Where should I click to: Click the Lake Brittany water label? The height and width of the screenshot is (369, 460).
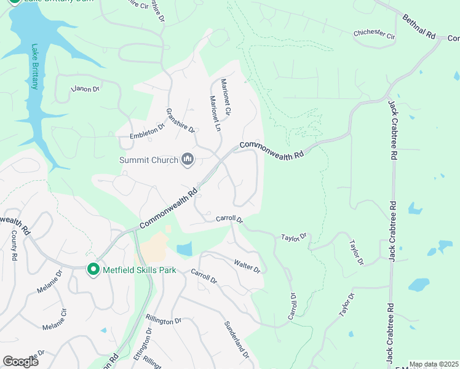(x=34, y=66)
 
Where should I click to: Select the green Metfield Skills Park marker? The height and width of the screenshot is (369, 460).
(x=93, y=269)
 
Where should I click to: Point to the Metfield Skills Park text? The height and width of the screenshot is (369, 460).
(x=140, y=270)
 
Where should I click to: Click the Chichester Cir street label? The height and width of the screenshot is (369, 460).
(x=374, y=35)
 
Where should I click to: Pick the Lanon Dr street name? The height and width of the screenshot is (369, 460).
(x=85, y=89)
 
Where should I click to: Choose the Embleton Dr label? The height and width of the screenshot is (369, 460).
(x=148, y=131)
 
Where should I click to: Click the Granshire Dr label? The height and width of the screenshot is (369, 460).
(x=180, y=121)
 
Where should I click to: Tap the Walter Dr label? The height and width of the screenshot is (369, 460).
(x=247, y=266)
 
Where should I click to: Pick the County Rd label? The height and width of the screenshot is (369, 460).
(x=14, y=245)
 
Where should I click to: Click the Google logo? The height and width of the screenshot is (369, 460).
(x=20, y=361)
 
